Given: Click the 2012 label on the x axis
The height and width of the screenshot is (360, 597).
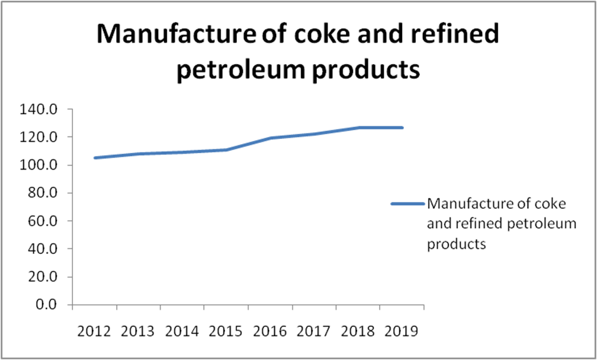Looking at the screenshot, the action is [94, 331].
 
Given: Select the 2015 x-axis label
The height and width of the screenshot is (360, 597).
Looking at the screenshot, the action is [225, 331].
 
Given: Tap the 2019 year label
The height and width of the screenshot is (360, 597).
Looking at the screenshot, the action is [401, 331].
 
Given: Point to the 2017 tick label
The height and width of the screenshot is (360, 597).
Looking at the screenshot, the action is [313, 331].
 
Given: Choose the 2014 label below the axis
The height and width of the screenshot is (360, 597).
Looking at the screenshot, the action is [182, 331].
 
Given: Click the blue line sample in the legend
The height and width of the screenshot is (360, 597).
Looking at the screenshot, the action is [407, 204].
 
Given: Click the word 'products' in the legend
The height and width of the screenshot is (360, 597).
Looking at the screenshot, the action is [457, 244].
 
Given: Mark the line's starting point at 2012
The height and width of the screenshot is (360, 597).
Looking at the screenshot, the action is [94, 157].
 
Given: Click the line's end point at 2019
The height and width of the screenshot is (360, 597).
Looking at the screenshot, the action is [402, 128].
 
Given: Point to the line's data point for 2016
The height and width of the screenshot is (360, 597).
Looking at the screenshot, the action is [271, 138].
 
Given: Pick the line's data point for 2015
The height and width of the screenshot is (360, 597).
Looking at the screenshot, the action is [226, 150].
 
